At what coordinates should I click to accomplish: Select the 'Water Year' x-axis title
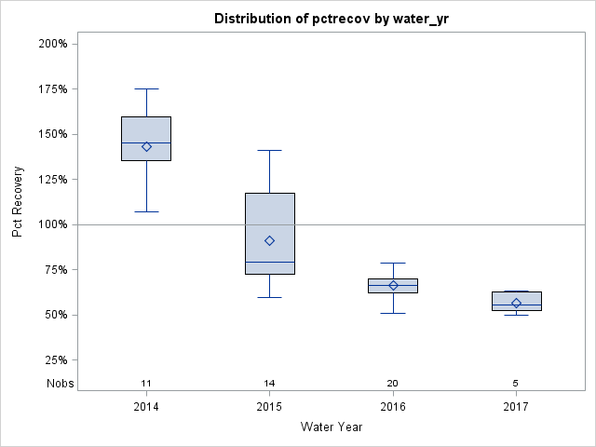331,427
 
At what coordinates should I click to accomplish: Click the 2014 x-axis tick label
146,407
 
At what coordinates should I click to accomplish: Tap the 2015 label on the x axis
269,407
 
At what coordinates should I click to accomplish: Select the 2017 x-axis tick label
516,407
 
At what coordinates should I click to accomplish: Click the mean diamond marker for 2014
146,146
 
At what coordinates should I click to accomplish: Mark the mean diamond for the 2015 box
269,240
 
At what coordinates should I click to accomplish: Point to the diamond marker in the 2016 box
393,285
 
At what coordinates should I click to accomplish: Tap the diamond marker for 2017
516,303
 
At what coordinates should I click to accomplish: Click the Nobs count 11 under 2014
146,384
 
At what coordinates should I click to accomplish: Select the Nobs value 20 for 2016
393,384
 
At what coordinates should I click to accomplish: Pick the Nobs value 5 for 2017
516,384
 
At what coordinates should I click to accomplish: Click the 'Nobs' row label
60,384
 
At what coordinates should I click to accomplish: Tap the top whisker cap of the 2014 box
146,88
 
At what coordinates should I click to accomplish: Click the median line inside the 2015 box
269,262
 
